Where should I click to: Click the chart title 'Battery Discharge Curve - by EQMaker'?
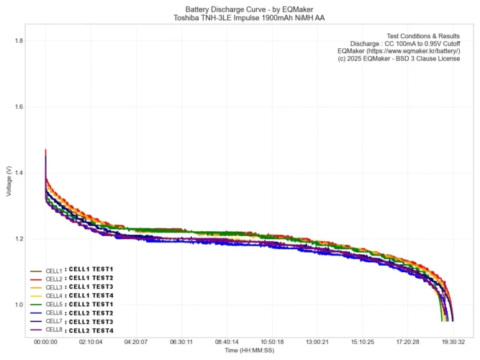[x=240, y=8]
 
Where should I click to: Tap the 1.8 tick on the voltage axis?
[x=19, y=41]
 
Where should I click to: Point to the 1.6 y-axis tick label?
[x=19, y=107]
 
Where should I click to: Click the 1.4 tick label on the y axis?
[x=19, y=174]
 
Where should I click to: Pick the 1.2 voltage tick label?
[x=19, y=239]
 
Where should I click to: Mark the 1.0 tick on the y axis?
[x=19, y=305]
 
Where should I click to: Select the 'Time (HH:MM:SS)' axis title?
[x=249, y=351]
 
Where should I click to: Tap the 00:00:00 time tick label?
[x=45, y=342]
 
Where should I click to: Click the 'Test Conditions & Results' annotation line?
[x=423, y=35]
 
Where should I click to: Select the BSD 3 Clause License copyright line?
[x=399, y=60]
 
